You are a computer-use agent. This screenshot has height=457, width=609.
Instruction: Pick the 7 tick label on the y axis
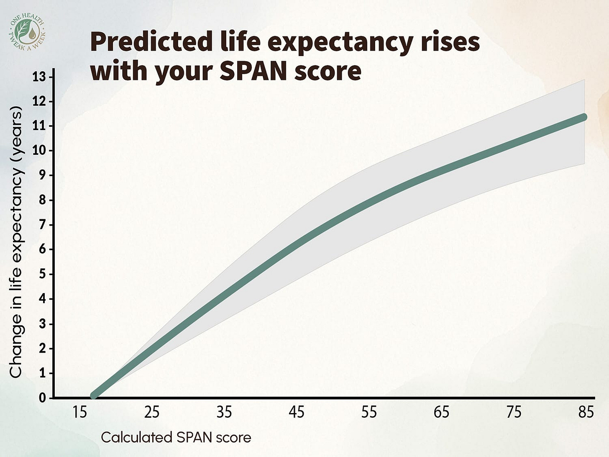point(42,225)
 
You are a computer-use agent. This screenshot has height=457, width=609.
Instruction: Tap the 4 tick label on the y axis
point(42,299)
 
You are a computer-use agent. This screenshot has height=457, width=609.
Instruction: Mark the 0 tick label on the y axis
point(42,398)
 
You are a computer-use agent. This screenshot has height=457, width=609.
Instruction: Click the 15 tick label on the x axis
point(79,413)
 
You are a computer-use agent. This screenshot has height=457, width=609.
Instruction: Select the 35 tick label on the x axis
point(224,413)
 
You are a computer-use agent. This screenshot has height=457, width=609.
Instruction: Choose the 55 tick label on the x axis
point(369,413)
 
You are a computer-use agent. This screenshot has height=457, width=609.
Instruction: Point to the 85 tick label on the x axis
point(586,413)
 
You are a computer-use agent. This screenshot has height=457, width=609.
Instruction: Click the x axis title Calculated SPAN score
point(176,438)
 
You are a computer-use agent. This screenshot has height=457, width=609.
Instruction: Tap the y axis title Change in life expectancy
point(16,243)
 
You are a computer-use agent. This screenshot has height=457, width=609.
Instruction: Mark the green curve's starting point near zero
point(94,395)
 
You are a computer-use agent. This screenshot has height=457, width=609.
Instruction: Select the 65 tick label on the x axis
point(441,413)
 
